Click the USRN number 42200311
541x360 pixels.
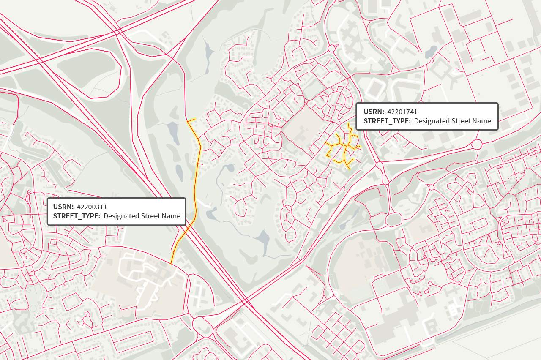pos(92,207)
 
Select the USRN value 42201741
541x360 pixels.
pos(402,112)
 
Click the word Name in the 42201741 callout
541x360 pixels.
pos(481,121)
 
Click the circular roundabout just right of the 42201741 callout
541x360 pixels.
pos(477,144)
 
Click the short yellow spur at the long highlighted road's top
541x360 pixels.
pos(191,121)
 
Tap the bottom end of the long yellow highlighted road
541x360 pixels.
pos(172,263)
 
